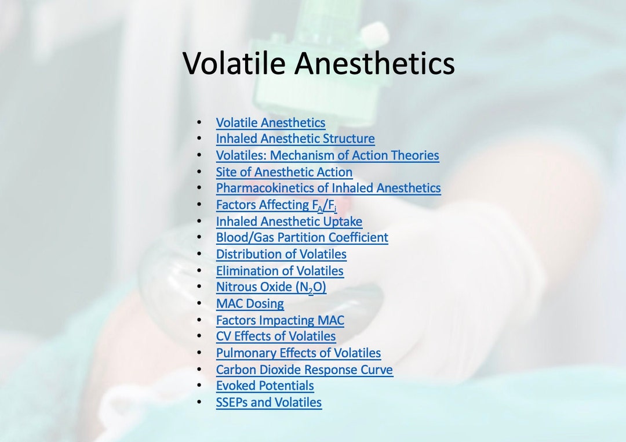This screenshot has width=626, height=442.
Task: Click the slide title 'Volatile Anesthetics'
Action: pyautogui.click(x=318, y=63)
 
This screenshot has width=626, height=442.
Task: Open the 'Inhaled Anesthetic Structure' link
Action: pyautogui.click(x=295, y=139)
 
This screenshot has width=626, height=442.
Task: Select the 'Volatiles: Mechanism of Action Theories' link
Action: pyautogui.click(x=327, y=155)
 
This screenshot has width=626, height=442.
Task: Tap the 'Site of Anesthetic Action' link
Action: pyautogui.click(x=284, y=172)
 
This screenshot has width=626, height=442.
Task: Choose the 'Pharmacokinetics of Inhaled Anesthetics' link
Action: pyautogui.click(x=328, y=188)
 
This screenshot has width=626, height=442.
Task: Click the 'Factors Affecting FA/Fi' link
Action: pyautogui.click(x=276, y=205)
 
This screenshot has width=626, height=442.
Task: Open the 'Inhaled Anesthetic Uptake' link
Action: pyautogui.click(x=289, y=222)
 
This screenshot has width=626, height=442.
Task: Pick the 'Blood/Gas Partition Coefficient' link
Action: pyautogui.click(x=302, y=238)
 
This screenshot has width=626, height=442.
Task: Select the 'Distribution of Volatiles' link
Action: pyautogui.click(x=281, y=254)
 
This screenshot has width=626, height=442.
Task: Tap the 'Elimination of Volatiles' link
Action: pyautogui.click(x=279, y=271)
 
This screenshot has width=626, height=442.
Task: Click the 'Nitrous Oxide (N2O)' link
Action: pyautogui.click(x=271, y=287)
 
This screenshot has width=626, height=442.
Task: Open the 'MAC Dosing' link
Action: pyautogui.click(x=250, y=303)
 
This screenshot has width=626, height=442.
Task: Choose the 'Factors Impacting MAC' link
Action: pyautogui.click(x=280, y=320)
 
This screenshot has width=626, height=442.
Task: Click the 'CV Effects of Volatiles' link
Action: pyautogui.click(x=276, y=336)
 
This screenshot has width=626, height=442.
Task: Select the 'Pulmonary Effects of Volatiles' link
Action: pyautogui.click(x=299, y=353)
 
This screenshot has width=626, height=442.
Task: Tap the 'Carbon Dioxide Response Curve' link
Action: pyautogui.click(x=304, y=369)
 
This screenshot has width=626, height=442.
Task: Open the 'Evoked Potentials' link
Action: pyautogui.click(x=265, y=386)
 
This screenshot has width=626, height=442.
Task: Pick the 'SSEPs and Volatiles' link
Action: pyautogui.click(x=268, y=403)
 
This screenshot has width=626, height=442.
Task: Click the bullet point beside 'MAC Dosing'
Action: pyautogui.click(x=199, y=303)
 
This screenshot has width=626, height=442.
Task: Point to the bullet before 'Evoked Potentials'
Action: pyautogui.click(x=199, y=386)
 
